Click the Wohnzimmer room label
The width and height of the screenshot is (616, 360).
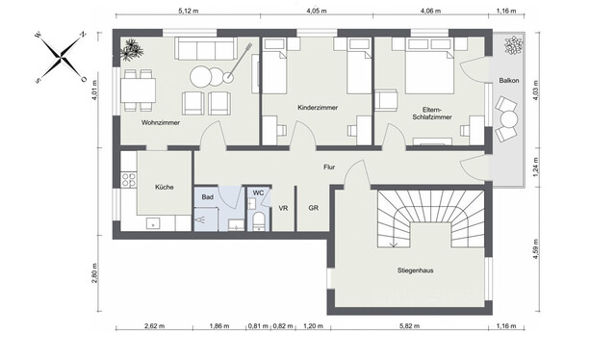162,123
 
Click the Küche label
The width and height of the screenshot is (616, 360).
163,186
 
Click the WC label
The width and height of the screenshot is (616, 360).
258,193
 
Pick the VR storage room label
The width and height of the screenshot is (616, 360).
284,208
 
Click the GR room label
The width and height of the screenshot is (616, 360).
313,208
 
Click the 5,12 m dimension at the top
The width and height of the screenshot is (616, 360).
189,10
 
